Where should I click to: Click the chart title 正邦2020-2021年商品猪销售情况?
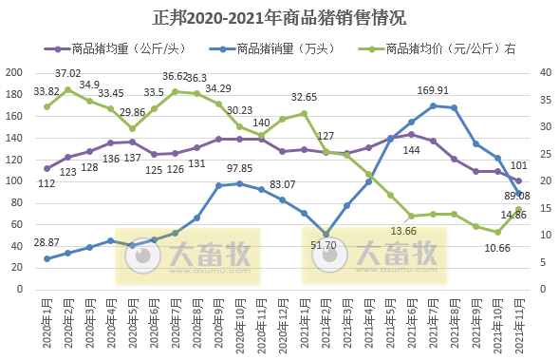(279, 17)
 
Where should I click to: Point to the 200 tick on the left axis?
(14, 73)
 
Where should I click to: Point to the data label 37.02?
(67, 73)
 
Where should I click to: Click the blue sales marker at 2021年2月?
(326, 234)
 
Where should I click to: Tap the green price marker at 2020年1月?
(47, 106)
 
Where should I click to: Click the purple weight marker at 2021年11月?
(518, 180)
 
